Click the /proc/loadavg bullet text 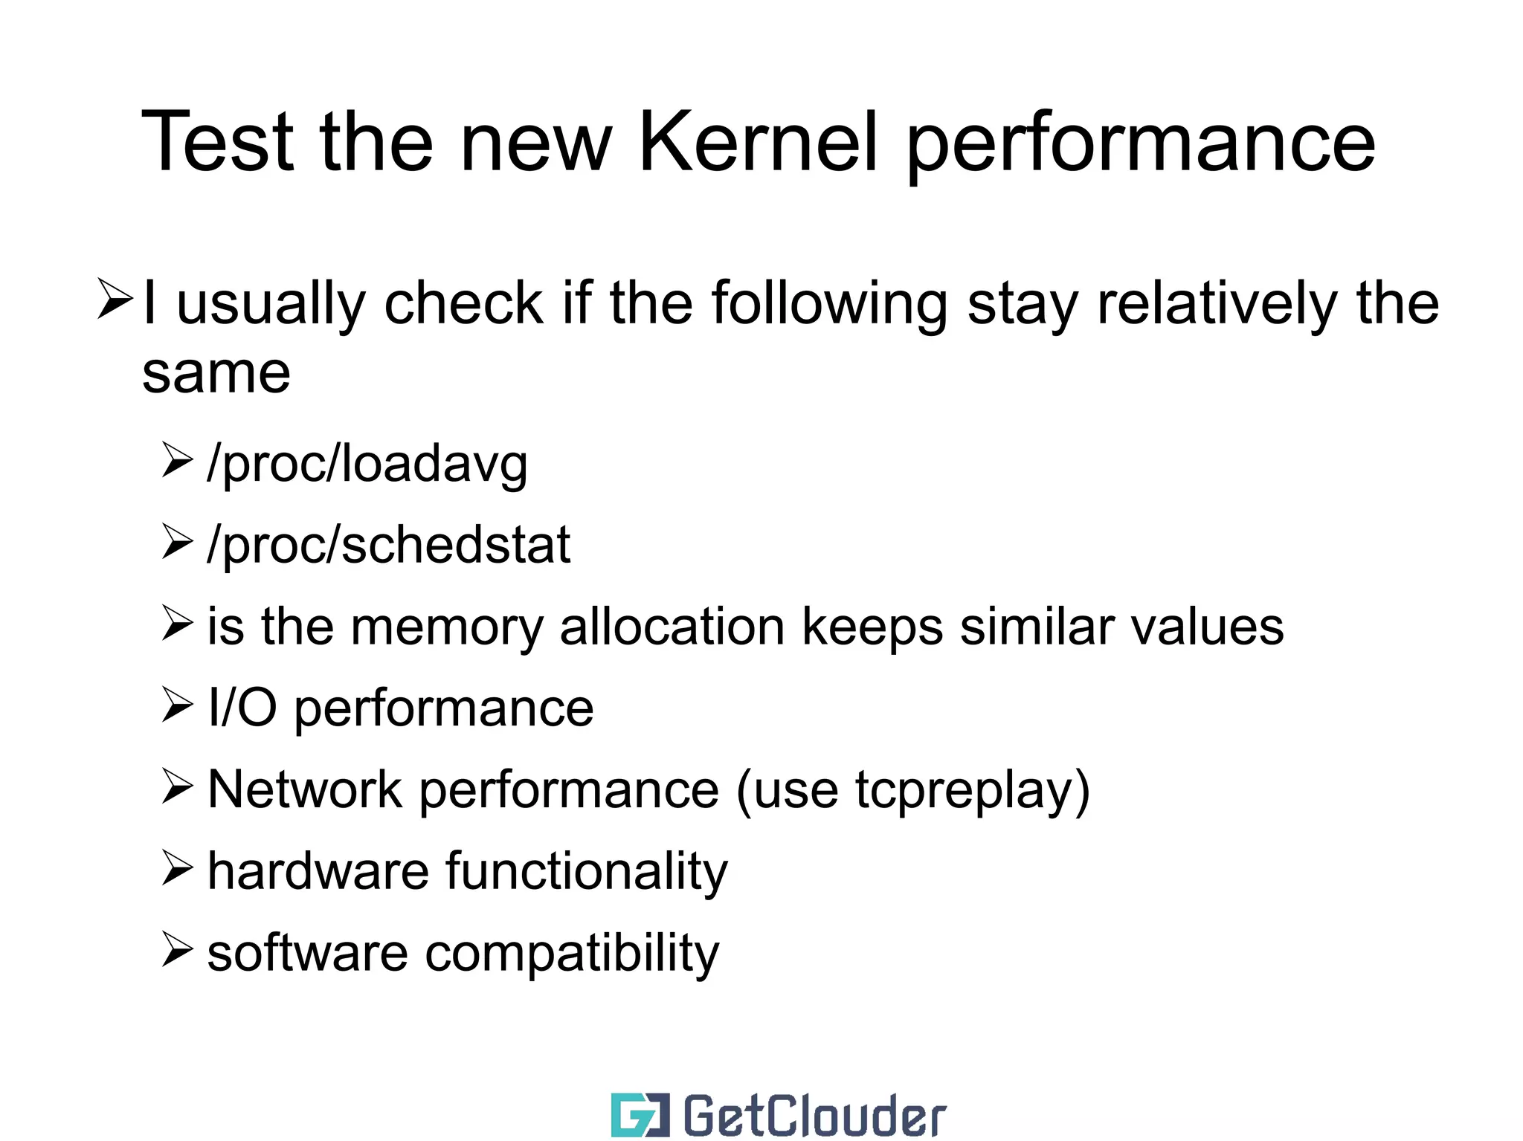367,465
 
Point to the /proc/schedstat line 388,546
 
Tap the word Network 304,789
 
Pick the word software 307,952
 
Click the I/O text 242,708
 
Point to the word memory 447,627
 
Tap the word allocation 672,627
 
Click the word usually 271,305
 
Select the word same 216,373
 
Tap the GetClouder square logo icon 640,1115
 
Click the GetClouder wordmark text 814,1116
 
